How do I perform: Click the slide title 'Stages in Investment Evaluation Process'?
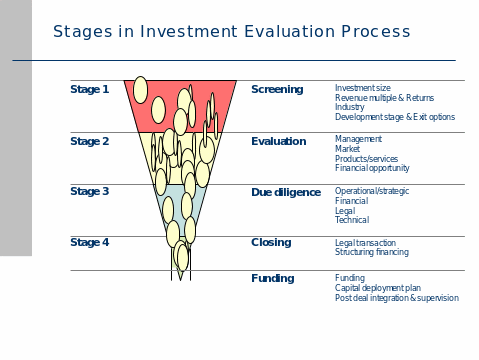click(231, 32)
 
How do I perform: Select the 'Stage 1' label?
click(90, 90)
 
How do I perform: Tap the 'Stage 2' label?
click(90, 142)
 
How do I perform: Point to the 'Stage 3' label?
click(90, 191)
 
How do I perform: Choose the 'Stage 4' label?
click(90, 243)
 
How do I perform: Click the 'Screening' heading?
click(277, 90)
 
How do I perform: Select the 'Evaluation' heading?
click(279, 142)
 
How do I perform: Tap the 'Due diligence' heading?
click(286, 191)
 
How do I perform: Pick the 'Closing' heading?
click(271, 243)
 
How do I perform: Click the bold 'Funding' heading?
click(272, 279)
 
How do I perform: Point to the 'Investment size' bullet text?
click(363, 88)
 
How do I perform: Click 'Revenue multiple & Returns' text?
click(385, 98)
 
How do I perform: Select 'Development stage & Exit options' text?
click(395, 117)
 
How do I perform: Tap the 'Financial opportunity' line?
click(372, 168)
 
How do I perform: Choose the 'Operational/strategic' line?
click(372, 191)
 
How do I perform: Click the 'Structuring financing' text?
click(372, 252)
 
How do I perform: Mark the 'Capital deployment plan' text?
click(377, 288)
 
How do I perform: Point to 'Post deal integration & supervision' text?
click(397, 298)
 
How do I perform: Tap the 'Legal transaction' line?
click(365, 243)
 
